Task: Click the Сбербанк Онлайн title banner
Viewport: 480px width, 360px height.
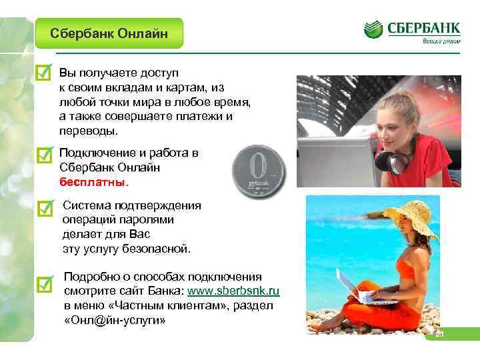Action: click(x=109, y=33)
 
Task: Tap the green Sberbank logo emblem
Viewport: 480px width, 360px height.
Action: click(x=373, y=28)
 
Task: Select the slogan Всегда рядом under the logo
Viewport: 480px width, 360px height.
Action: click(x=440, y=41)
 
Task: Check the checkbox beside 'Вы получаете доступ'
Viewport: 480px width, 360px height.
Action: click(x=43, y=73)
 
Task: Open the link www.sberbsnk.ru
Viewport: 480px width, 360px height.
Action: click(x=234, y=291)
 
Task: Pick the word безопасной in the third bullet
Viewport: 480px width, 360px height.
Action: click(x=160, y=249)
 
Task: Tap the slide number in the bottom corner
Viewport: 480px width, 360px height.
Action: click(x=439, y=334)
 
